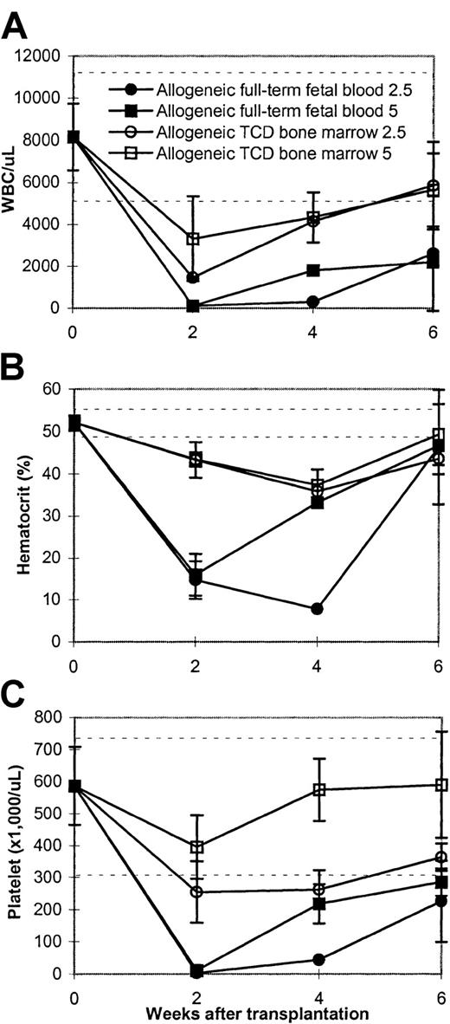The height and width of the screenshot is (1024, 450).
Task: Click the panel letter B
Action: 16,363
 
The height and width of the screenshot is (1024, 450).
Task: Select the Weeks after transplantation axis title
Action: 258,1010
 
